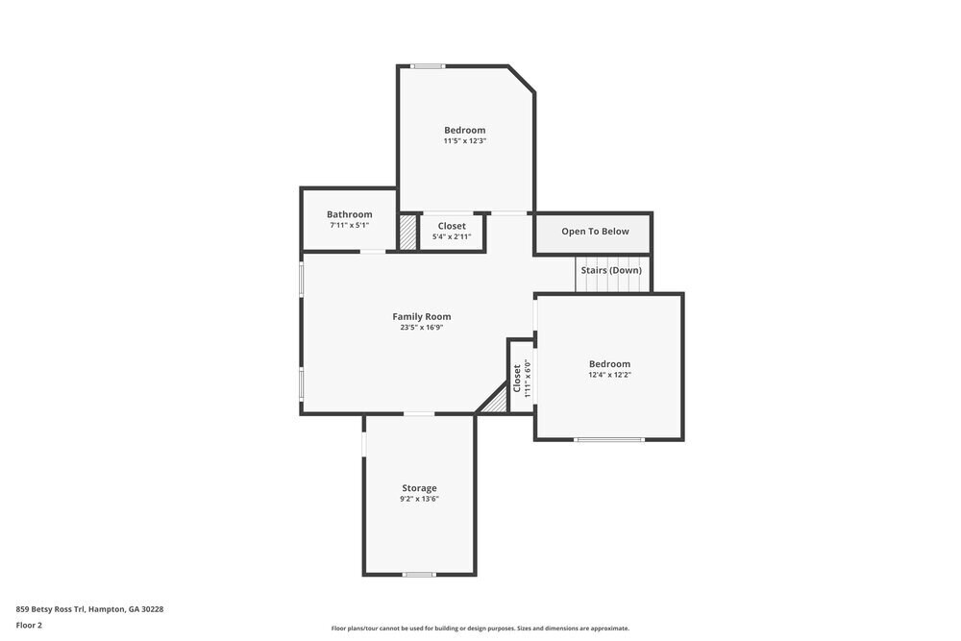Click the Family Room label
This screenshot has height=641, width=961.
pyautogui.click(x=421, y=316)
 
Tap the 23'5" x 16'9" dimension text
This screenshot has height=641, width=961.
pyautogui.click(x=421, y=328)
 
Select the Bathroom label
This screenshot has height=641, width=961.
pyautogui.click(x=349, y=214)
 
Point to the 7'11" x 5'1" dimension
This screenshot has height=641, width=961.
pyautogui.click(x=349, y=225)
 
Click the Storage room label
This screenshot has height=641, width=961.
pyautogui.click(x=419, y=488)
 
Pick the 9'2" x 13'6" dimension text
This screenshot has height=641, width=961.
pyautogui.click(x=419, y=499)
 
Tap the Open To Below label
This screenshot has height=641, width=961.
pyautogui.click(x=595, y=232)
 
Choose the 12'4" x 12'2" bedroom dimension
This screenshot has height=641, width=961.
pyautogui.click(x=609, y=375)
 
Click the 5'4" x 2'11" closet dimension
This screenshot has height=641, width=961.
pyautogui.click(x=452, y=236)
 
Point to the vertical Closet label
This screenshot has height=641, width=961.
pyautogui.click(x=517, y=377)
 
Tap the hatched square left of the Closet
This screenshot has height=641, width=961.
pyautogui.click(x=407, y=233)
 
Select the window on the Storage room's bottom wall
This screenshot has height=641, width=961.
pyautogui.click(x=418, y=575)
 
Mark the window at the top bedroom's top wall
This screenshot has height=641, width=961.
pyautogui.click(x=429, y=66)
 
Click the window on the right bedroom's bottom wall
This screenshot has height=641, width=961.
pyautogui.click(x=609, y=439)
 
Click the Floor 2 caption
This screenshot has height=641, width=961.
pyautogui.click(x=29, y=625)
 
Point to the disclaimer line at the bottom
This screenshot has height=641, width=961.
pyautogui.click(x=480, y=629)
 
